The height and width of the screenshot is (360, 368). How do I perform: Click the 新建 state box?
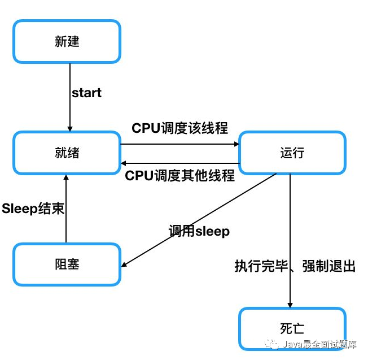coord(67,42)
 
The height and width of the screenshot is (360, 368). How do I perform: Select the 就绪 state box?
coord(67,153)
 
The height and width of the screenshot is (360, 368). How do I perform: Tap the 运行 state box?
coord(291,153)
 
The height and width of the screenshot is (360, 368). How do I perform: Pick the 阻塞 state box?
coord(67,264)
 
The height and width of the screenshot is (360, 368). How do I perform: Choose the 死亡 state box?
coord(291,329)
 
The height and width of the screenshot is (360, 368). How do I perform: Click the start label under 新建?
coord(86,93)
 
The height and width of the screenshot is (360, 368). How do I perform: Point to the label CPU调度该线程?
coord(179,128)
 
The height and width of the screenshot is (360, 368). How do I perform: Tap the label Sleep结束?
coord(33,208)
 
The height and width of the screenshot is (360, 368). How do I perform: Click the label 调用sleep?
coord(199,231)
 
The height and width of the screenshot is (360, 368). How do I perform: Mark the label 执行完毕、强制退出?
coord(295,266)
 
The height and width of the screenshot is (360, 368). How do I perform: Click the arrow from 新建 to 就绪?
coord(70,96)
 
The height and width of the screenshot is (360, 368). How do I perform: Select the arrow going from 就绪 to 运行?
coord(179,144)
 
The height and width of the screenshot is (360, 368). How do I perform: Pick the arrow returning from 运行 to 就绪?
coord(179,164)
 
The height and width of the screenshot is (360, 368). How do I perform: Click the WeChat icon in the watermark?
coord(274,344)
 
